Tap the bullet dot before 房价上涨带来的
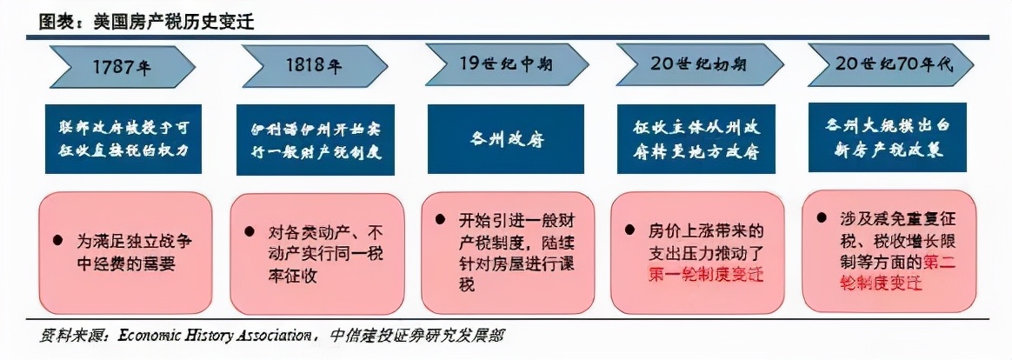[x=629, y=232]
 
